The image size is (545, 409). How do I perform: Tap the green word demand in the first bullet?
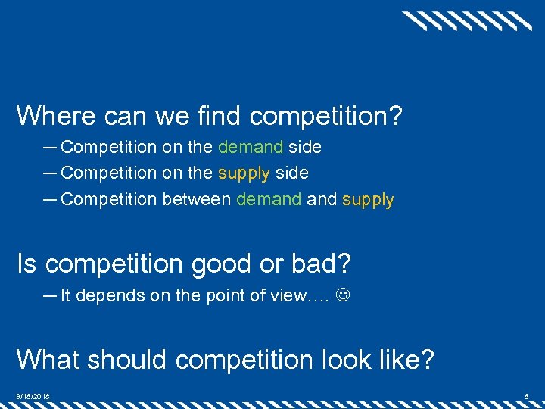(251, 147)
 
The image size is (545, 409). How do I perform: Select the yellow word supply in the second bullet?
(244, 173)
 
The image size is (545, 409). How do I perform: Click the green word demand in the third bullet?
(269, 200)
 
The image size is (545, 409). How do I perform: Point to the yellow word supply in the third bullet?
(368, 200)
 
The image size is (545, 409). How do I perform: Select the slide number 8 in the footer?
(527, 395)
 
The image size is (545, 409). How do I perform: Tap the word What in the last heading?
(46, 358)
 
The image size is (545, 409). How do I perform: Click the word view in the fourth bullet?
(289, 295)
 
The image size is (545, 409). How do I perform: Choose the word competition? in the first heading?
(325, 116)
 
